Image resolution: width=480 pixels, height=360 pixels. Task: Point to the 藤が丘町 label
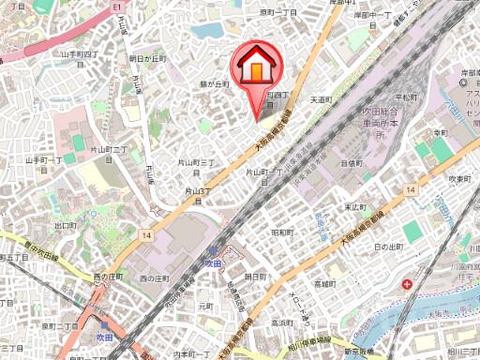click(x=216, y=84)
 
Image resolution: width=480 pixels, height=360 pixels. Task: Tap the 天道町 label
click(x=321, y=98)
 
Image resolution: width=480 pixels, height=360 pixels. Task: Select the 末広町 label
click(x=353, y=207)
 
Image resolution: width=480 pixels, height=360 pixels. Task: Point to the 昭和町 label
click(x=283, y=231)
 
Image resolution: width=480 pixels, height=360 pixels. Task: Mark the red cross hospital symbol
click(x=408, y=283)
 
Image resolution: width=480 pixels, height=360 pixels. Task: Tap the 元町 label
click(x=205, y=306)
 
